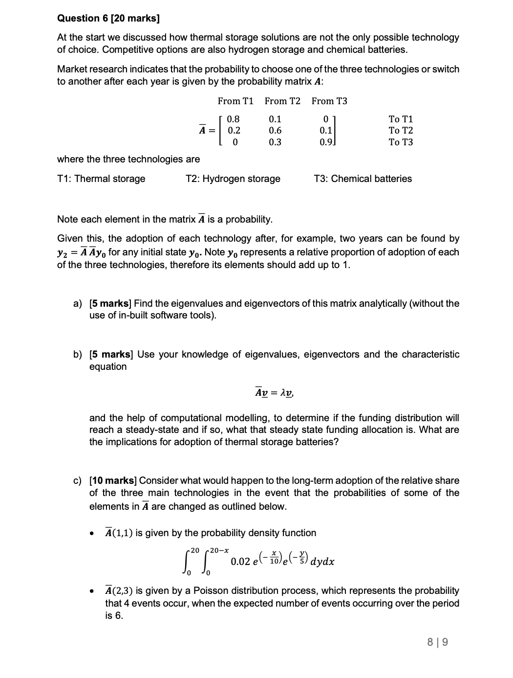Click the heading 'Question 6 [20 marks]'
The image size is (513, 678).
pos(108,18)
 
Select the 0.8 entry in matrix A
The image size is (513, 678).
pos(234,119)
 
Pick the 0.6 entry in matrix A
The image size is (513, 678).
pos(275,131)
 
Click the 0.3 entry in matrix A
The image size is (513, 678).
pos(275,142)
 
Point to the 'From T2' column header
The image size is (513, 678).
pos(282,101)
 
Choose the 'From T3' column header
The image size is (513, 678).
pos(329,101)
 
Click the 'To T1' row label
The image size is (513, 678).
pos(401,119)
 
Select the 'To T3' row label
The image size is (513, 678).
pos(401,142)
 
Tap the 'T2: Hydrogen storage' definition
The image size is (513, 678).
pos(233,179)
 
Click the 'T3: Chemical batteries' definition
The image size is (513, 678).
pos(363,179)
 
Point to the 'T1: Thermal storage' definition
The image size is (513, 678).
pos(101,179)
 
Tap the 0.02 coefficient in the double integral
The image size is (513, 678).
pos(240,561)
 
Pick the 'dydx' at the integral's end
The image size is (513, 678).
pos(322,561)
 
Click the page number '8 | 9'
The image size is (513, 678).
pos(437,642)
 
